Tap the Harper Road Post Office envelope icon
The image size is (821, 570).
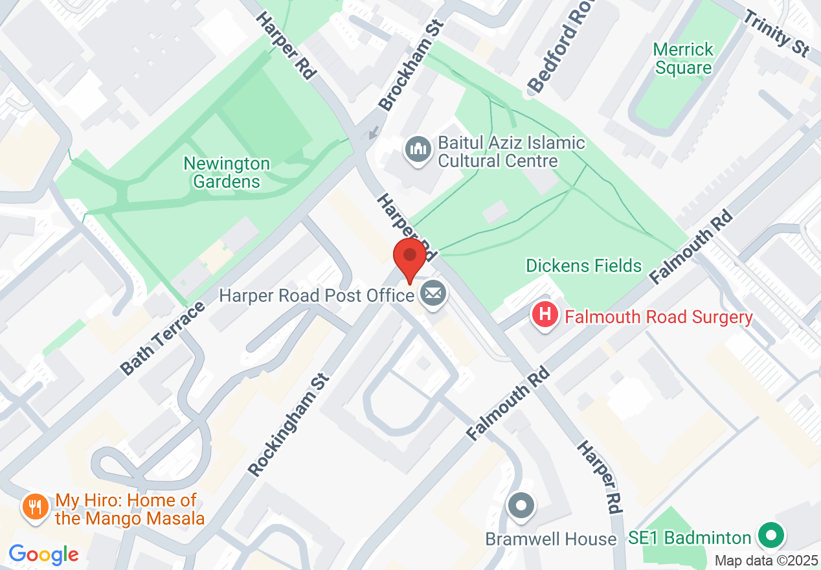(433, 295)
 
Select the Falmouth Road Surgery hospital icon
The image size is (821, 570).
(545, 315)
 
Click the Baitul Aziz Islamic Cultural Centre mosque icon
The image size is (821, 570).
(418, 150)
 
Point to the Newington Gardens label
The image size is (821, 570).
(227, 172)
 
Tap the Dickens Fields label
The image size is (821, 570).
(583, 266)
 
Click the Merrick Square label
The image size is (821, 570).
(683, 58)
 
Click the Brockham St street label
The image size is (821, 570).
(412, 65)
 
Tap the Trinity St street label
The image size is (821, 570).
(776, 33)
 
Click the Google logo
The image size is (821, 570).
(43, 555)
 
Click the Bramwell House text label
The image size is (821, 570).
(551, 539)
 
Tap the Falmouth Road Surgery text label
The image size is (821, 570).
(658, 317)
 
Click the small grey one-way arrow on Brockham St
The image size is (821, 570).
(372, 133)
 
